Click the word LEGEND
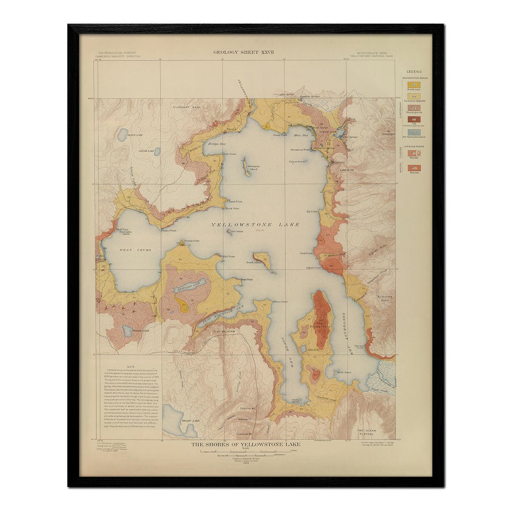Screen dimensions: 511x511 (414, 72)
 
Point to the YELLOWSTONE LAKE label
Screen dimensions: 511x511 (255, 225)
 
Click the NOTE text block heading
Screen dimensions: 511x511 (131, 367)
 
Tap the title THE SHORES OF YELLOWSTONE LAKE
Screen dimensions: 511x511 (246, 445)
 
